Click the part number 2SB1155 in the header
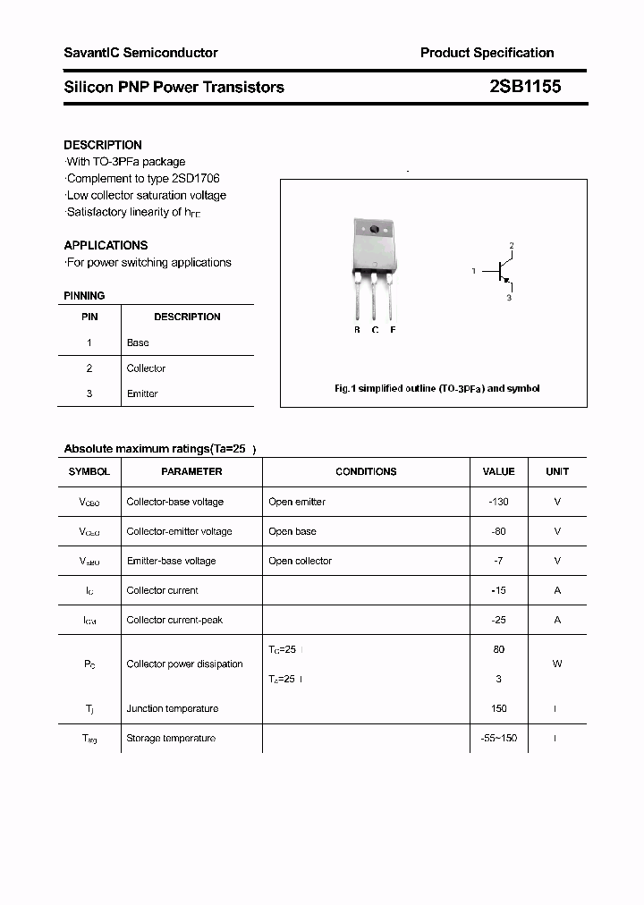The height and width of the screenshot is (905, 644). [525, 87]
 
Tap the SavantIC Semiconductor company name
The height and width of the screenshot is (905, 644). [140, 53]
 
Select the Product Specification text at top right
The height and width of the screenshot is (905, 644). [487, 53]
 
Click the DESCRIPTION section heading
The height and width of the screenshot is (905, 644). [103, 145]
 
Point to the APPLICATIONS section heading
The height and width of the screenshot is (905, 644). [106, 245]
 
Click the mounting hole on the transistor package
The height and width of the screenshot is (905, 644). [375, 231]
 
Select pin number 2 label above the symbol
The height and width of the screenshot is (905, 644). [512, 245]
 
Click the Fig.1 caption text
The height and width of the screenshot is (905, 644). [436, 389]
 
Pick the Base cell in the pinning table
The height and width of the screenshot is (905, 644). [138, 343]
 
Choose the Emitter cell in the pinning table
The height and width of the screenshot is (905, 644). [142, 393]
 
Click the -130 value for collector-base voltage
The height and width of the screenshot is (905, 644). [498, 502]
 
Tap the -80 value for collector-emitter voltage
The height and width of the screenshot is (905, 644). [498, 531]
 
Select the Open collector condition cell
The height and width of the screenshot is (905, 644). [300, 561]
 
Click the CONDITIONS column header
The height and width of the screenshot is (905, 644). [366, 471]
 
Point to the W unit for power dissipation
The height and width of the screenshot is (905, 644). [557, 664]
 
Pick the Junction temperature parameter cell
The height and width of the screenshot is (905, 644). [172, 708]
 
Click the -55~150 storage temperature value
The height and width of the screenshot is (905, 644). [498, 738]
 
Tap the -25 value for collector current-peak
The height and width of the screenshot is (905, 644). [498, 620]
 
